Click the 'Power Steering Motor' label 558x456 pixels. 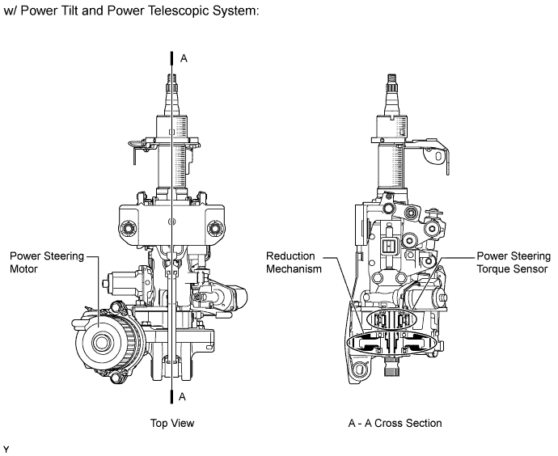pos(46,264)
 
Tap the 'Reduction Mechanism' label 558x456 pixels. pos(291,264)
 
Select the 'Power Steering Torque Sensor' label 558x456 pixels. pos(512,264)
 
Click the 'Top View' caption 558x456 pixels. pos(172,423)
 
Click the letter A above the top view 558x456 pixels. pos(183,58)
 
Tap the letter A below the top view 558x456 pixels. pos(183,396)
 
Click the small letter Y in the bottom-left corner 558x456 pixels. pos(6,447)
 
